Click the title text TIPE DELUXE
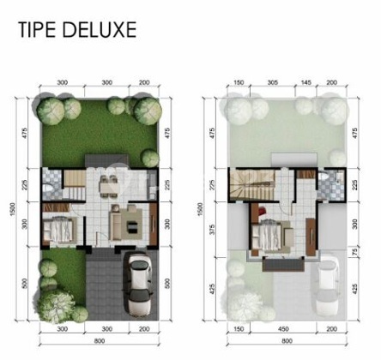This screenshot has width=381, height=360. tap(77, 31)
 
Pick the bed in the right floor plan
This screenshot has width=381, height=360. tap(268, 233)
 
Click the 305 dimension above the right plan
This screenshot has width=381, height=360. tap(272, 83)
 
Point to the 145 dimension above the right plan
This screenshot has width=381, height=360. tap(306, 83)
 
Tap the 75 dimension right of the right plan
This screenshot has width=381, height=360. tap(354, 251)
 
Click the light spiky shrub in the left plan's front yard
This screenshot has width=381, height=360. tap(57, 303)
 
